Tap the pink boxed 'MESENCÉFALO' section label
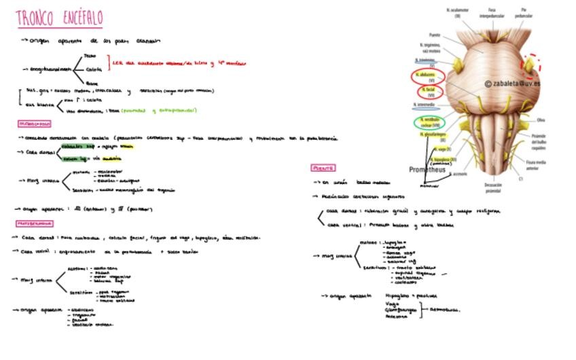34,124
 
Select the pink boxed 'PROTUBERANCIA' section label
35,223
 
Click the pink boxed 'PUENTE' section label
323,168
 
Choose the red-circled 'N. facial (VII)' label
428,91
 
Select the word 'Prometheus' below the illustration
427,170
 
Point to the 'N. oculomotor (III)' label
458,12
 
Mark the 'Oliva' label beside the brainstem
541,120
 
